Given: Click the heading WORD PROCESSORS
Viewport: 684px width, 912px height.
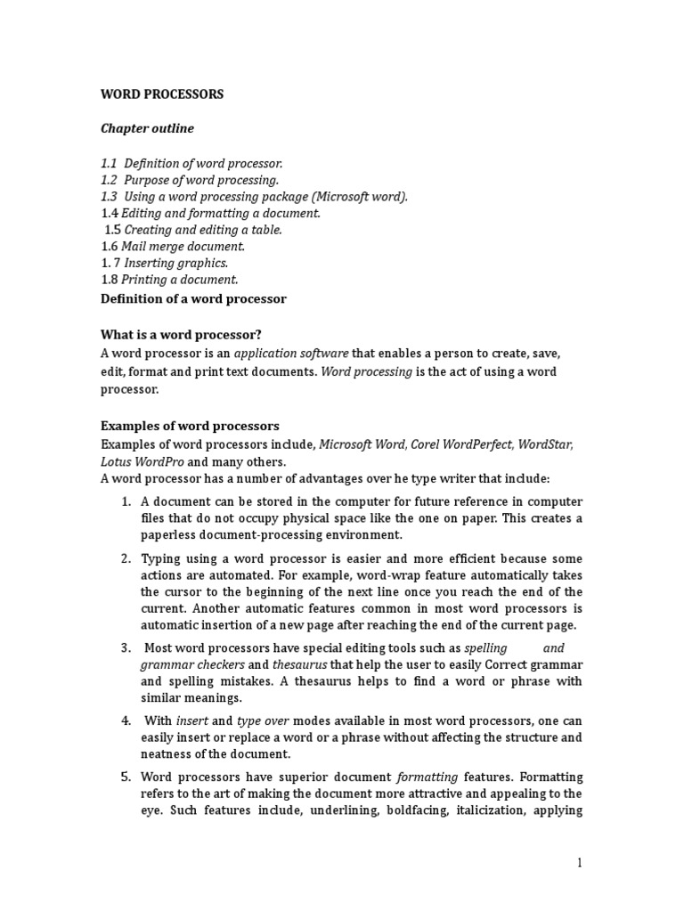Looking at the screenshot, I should pos(162,94).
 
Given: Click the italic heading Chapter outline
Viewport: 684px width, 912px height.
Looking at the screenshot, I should pos(147,128).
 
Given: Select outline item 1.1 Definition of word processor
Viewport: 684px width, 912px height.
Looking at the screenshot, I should pos(191,163).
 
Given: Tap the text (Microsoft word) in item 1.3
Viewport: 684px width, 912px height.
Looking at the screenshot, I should pos(355,197).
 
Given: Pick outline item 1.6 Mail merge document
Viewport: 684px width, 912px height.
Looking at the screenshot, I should pos(173,247).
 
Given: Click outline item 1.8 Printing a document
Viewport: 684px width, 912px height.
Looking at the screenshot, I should pos(169,280).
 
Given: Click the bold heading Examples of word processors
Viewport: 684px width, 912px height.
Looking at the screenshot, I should pos(190,426).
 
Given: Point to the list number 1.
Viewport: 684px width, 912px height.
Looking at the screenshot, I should pos(126,502).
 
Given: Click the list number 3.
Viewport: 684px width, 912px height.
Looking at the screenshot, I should pos(126,647).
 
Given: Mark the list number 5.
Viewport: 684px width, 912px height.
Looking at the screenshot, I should pos(126,777).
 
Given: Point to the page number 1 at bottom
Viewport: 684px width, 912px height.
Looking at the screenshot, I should pos(579,862).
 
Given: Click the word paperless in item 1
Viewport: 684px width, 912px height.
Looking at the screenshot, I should pos(169,535).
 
